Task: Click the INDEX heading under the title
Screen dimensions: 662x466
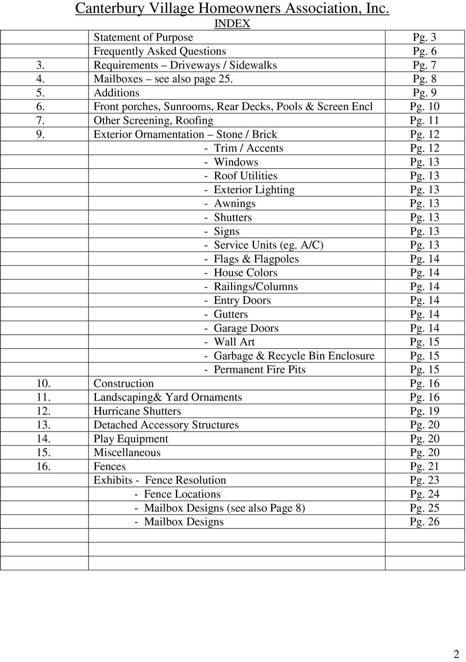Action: click(232, 24)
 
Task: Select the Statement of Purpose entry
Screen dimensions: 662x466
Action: click(143, 37)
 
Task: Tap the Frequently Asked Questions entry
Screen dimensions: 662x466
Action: click(160, 51)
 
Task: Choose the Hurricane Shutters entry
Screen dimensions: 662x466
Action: click(137, 411)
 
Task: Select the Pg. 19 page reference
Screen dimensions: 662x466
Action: click(425, 411)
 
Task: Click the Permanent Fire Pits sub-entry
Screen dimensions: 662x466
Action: click(260, 370)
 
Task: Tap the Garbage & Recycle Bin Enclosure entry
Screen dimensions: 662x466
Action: click(294, 356)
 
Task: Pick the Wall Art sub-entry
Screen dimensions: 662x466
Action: click(234, 342)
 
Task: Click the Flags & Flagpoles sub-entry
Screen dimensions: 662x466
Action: click(256, 259)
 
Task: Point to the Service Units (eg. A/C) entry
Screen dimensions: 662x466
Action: click(268, 245)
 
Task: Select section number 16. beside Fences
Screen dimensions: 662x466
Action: click(43, 466)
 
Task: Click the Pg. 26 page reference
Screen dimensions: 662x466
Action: click(425, 522)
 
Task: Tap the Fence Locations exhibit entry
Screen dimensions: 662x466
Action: click(182, 494)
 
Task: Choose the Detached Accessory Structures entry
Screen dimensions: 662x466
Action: click(166, 425)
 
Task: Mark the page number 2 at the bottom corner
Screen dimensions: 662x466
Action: click(456, 653)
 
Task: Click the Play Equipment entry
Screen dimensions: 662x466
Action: click(130, 439)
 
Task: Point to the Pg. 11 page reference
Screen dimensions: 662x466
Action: click(425, 121)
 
